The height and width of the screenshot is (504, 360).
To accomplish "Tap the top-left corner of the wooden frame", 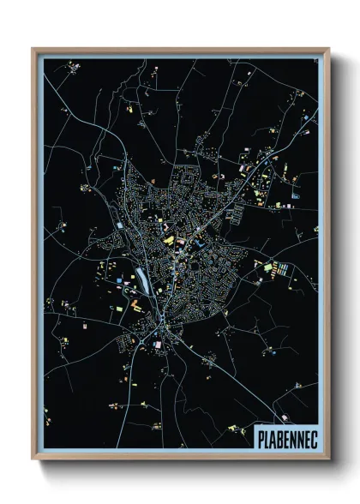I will [33, 49].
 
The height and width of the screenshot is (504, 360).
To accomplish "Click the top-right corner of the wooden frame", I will [328, 49].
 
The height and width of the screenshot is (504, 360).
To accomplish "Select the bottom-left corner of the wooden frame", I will [33, 459].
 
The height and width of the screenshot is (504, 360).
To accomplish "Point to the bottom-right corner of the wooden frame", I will [328, 459].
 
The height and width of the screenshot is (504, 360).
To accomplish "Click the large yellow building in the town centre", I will [168, 241].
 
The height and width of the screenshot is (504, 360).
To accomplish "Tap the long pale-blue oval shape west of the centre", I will [140, 277].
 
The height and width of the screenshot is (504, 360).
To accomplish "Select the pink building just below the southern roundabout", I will [157, 344].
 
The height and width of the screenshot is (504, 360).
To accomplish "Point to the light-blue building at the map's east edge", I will [296, 195].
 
